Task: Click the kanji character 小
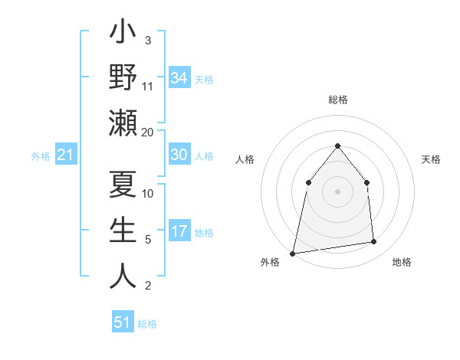[123, 34]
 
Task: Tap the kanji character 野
[123, 77]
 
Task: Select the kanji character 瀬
[123, 123]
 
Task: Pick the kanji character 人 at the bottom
[123, 276]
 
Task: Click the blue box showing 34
[179, 78]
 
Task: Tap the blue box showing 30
[179, 155]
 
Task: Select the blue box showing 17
[179, 231]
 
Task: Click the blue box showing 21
[66, 155]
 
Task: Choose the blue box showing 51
[123, 322]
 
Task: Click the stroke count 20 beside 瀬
[148, 132]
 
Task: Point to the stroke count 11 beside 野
[148, 86]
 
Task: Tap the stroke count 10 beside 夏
[148, 193]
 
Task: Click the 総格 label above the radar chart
[337, 100]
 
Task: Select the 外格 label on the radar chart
[270, 262]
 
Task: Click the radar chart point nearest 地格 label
[374, 242]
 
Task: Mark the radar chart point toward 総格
[337, 146]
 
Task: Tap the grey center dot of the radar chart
[337, 191]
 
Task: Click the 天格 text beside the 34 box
[204, 80]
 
